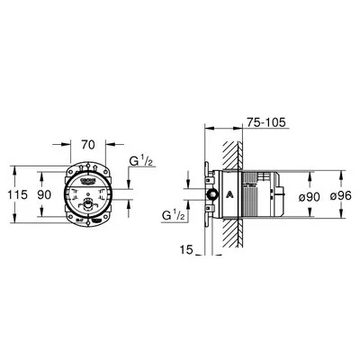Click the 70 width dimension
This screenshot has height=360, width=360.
[87, 143]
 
